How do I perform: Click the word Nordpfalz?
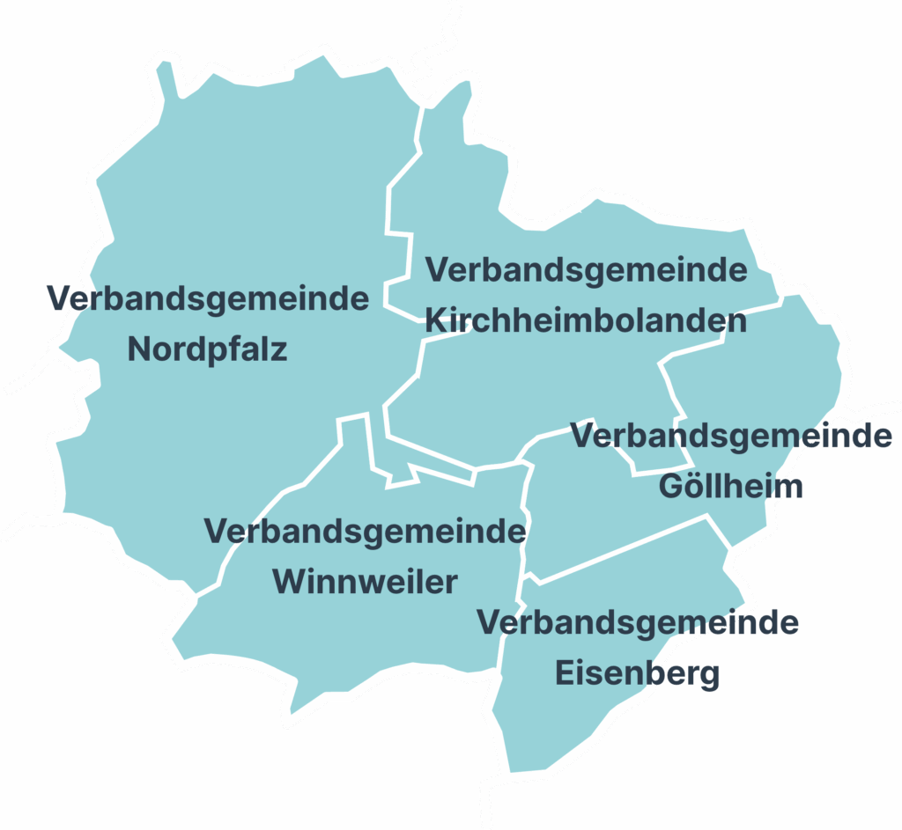tap(208, 350)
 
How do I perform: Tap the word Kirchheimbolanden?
tap(586, 321)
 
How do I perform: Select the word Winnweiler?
tap(365, 582)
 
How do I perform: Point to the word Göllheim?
tap(731, 486)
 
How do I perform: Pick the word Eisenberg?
tap(638, 674)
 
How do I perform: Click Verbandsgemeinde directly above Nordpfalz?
tap(208, 298)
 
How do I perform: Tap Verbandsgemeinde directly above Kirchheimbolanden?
tap(586, 269)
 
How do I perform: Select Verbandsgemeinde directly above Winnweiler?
tap(365, 531)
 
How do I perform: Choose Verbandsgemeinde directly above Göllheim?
tap(731, 436)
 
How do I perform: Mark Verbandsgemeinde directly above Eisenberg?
tap(638, 622)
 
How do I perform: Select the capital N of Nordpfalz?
tap(139, 350)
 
